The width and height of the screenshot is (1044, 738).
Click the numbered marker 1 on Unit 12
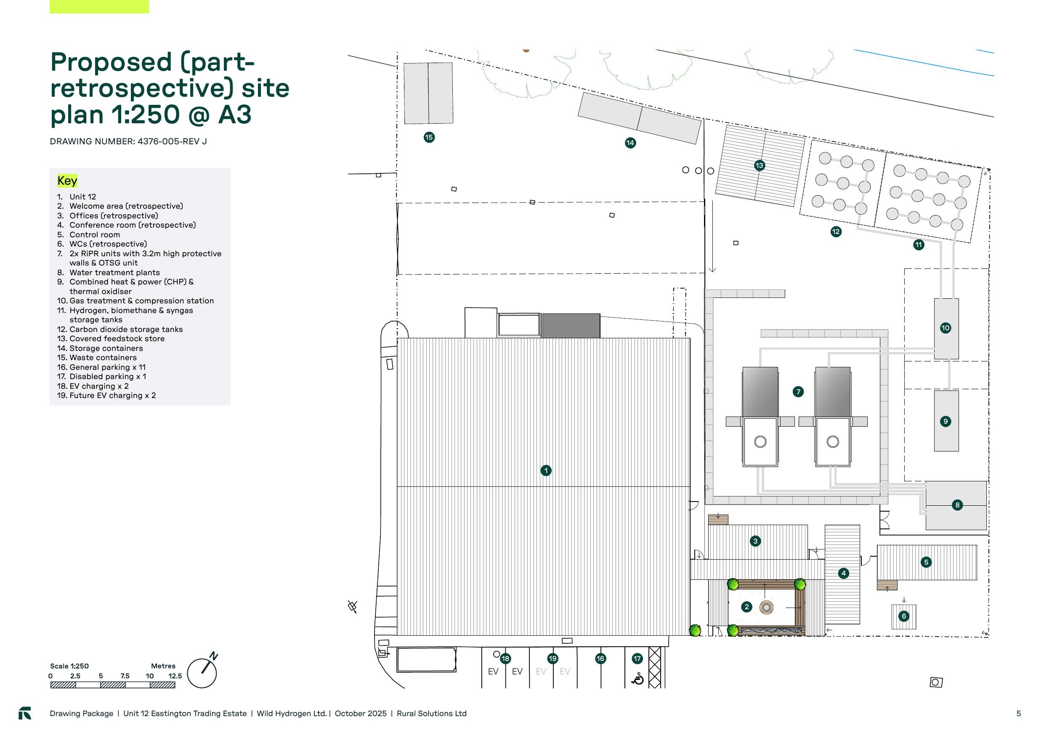546,471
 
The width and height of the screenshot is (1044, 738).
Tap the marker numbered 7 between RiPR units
798,391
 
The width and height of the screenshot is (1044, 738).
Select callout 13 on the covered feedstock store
760,165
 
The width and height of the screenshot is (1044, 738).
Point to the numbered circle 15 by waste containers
429,137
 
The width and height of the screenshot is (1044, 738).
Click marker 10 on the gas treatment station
946,328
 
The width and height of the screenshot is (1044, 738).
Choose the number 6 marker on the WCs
903,616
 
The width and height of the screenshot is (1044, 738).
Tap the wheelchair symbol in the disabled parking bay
638,679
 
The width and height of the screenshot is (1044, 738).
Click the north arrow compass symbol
203,671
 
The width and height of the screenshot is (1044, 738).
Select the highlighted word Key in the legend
67,181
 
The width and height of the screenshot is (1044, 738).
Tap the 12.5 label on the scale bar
175,676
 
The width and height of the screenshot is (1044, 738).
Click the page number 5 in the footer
1018,714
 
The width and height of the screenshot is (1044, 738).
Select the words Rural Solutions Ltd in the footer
431,714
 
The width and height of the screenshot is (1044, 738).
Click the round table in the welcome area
767,607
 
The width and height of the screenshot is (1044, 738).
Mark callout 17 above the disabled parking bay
637,658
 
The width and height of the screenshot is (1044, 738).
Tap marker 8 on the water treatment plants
957,505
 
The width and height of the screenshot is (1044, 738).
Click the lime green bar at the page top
99,6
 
